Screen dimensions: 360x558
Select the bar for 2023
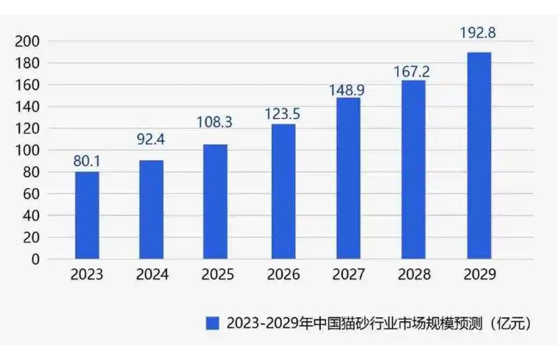pyautogui.click(x=87, y=215)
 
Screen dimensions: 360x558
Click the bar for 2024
pyautogui.click(x=151, y=209)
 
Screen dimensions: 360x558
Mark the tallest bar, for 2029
pyautogui.click(x=479, y=155)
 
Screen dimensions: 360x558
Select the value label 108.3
pyautogui.click(x=216, y=123)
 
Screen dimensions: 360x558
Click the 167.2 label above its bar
pyautogui.click(x=413, y=71)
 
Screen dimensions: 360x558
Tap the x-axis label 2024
pyautogui.click(x=152, y=276)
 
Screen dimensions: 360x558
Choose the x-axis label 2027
pyautogui.click(x=348, y=276)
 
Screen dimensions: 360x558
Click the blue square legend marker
pyautogui.click(x=213, y=323)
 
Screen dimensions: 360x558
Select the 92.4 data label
pyautogui.click(x=151, y=137)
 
